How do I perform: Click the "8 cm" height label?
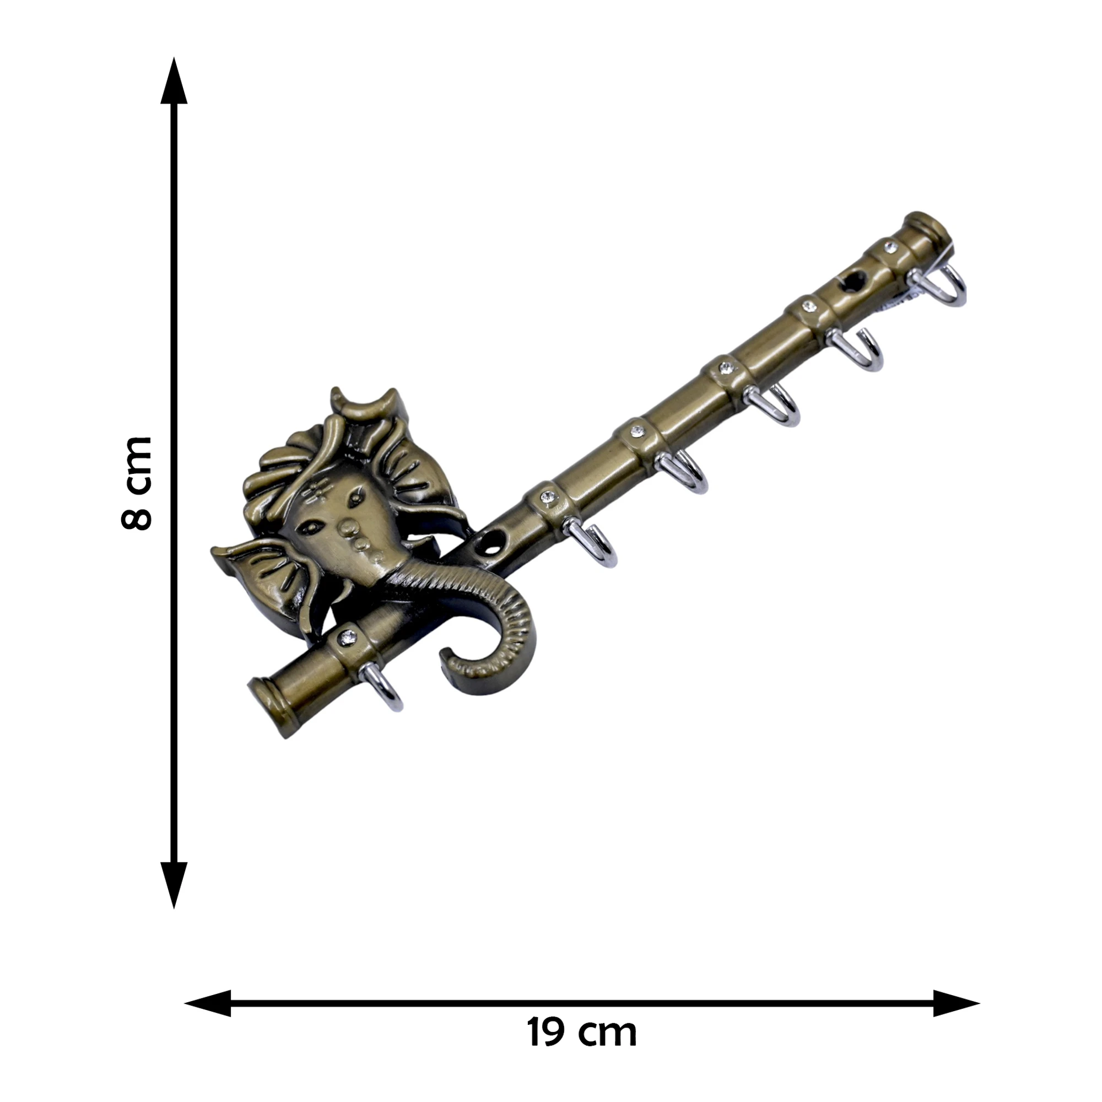pyautogui.click(x=137, y=483)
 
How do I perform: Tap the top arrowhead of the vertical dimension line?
pyautogui.click(x=174, y=80)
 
